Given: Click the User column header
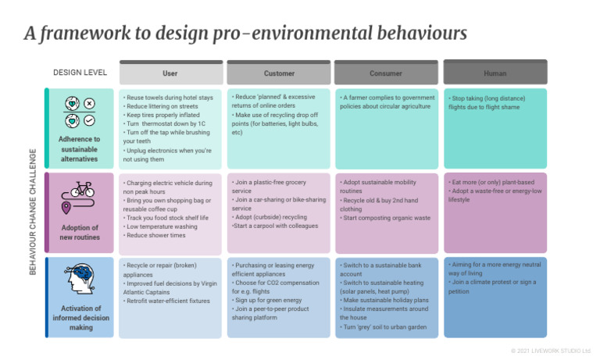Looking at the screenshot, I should coord(170,73).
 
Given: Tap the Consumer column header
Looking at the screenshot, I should coord(385,73).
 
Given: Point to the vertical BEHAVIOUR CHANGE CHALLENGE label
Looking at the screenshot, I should coord(32,211).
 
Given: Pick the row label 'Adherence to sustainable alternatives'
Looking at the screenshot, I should coord(81,148).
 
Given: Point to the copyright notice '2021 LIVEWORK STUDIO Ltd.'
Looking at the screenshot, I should coord(551,351).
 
